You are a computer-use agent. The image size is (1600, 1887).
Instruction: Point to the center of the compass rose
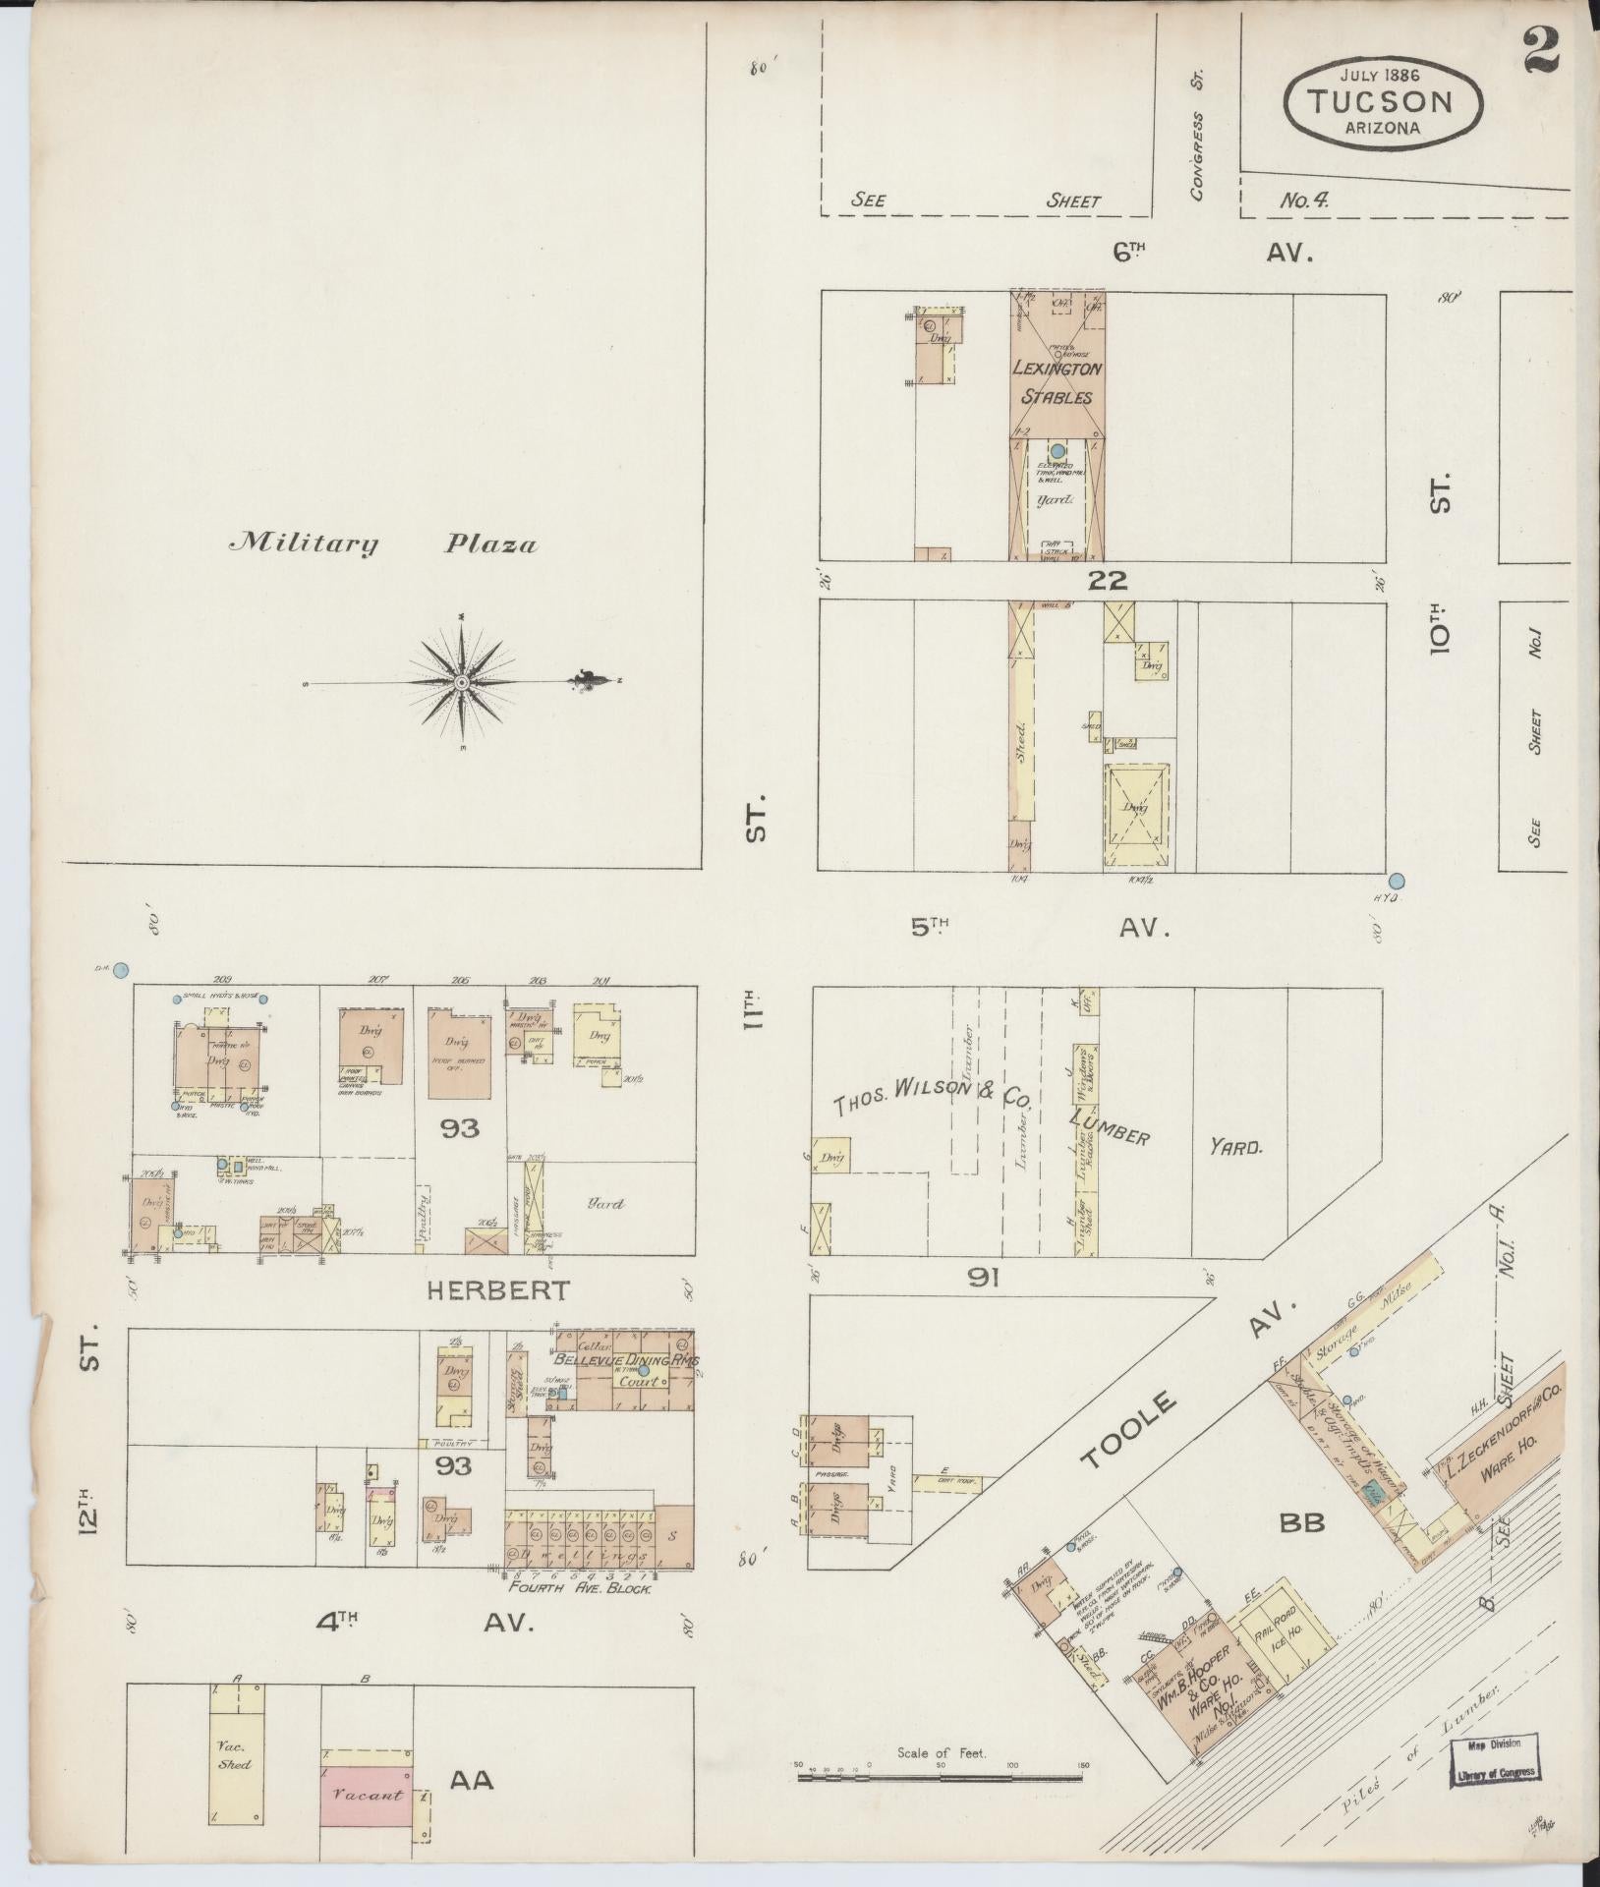[x=461, y=681]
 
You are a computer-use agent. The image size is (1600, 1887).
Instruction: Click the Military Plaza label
[x=383, y=543]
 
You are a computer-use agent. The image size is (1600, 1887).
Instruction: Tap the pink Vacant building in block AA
[x=367, y=1795]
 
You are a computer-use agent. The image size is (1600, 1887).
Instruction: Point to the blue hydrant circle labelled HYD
[x=1397, y=881]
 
